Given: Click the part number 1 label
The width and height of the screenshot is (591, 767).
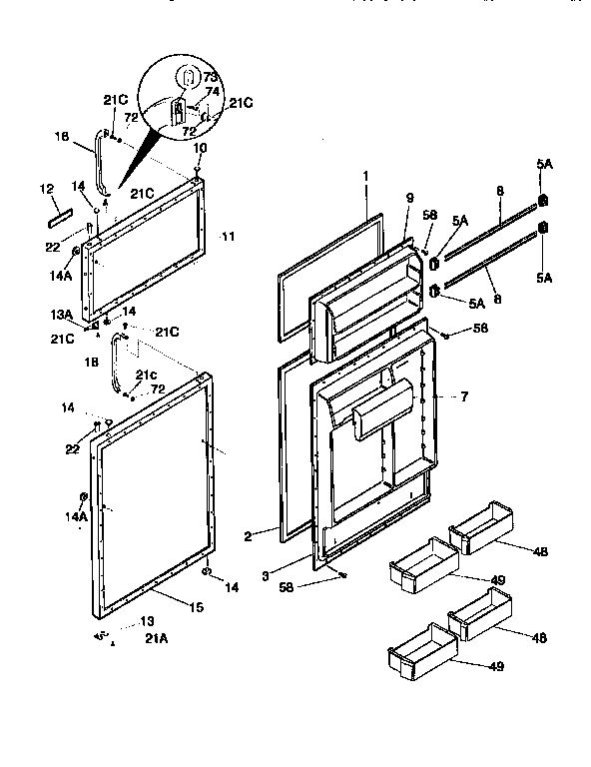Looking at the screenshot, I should coord(365,175).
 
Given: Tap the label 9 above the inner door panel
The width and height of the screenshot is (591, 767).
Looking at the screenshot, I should coord(408,198).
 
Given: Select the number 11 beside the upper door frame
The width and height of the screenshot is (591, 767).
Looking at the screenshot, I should coord(228,237).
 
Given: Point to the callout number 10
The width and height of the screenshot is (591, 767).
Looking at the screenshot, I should coord(200,148).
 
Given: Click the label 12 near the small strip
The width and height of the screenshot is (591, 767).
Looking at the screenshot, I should coord(45,188).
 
